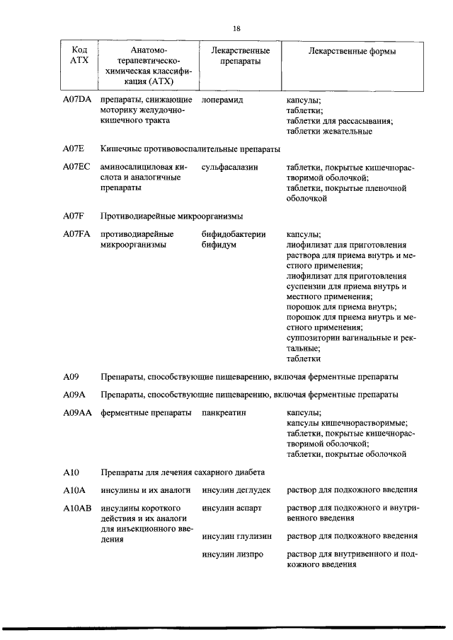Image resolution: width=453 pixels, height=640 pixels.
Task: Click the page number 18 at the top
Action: click(236, 28)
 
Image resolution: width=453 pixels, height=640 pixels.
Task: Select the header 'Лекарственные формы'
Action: click(352, 52)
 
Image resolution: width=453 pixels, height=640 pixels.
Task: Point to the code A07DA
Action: click(77, 100)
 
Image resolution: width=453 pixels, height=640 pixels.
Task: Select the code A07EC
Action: click(76, 168)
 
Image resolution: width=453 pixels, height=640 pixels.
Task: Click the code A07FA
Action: click(77, 234)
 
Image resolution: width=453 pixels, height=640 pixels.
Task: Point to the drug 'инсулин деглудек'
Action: click(236, 489)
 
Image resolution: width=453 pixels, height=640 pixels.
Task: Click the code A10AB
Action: click(77, 508)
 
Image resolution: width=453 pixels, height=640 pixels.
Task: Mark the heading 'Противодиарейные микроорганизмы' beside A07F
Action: click(172, 216)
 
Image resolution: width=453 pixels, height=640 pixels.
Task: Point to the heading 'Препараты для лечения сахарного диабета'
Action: click(183, 470)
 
